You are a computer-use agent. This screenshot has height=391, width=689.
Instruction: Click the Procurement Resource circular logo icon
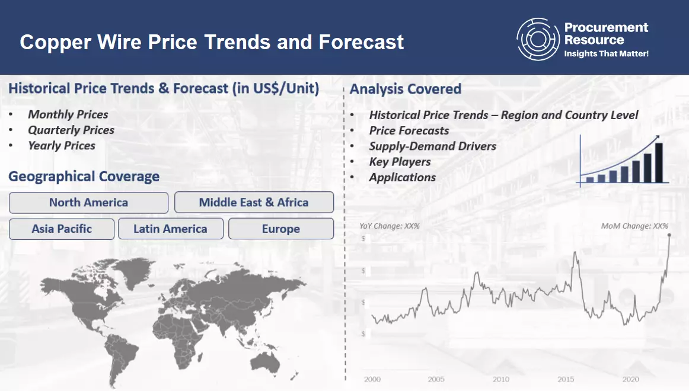(x=537, y=39)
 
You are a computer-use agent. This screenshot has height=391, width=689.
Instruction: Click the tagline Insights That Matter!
(x=606, y=54)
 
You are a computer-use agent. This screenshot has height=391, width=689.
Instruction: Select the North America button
(x=88, y=203)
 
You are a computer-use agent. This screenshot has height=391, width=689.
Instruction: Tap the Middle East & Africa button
(x=254, y=203)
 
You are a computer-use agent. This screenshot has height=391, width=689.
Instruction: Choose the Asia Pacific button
(x=62, y=229)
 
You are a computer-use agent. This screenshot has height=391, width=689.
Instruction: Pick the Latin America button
(x=170, y=229)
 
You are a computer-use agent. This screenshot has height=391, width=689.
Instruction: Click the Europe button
(x=281, y=229)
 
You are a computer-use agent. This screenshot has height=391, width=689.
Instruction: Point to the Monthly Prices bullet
(x=68, y=114)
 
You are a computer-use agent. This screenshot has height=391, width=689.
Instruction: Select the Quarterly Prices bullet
(x=71, y=130)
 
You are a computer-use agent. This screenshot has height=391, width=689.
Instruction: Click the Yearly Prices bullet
(x=62, y=145)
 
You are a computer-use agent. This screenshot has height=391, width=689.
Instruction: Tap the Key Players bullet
(x=400, y=162)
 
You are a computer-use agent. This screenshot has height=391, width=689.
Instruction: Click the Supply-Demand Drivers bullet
(x=432, y=146)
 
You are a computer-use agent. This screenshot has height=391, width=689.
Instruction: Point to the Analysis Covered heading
(x=406, y=89)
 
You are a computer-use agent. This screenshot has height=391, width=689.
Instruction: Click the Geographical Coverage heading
(x=84, y=177)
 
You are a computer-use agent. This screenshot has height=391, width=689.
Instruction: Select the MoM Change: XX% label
(x=634, y=226)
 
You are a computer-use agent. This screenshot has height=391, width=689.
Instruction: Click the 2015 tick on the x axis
(x=565, y=379)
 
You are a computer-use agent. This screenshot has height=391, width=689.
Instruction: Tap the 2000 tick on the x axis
(x=372, y=379)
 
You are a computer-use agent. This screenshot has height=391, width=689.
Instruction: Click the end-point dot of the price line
(x=669, y=236)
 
